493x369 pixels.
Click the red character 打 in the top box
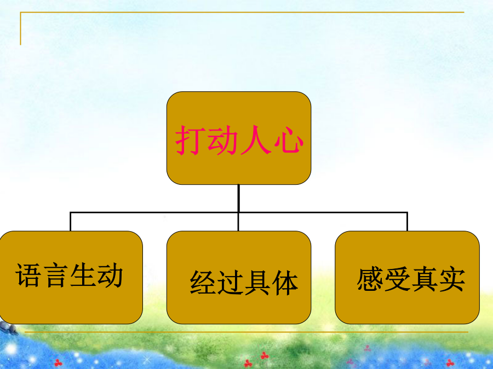188,140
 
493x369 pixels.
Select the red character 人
255,140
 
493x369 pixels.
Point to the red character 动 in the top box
222,140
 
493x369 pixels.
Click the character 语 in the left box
28,275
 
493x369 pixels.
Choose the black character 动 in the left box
110,275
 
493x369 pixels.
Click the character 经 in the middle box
203,283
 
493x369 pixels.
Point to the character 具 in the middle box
257,283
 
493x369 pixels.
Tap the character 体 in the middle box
284,283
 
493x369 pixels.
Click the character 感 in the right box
370,279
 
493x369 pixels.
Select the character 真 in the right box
424,279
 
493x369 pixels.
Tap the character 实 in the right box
451,279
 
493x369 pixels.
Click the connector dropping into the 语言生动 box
71,222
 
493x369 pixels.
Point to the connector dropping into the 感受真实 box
407,222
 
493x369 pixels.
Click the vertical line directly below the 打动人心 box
239,198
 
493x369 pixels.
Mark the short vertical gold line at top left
20,28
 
